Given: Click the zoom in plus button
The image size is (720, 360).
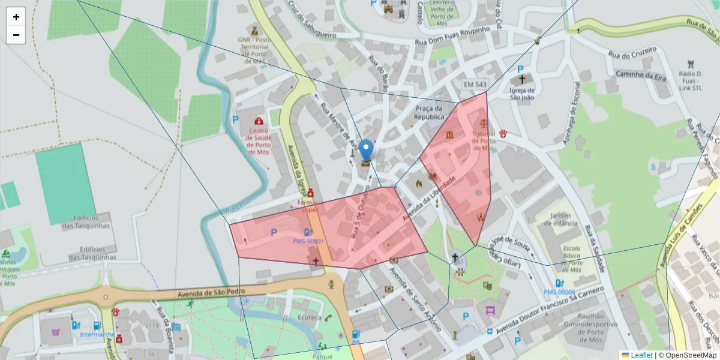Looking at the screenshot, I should click(16, 17).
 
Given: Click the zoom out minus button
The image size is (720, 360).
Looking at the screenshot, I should click(16, 35).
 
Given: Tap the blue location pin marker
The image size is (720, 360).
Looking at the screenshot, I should click(365, 150).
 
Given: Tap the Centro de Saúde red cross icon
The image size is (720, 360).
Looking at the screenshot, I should click(259, 121).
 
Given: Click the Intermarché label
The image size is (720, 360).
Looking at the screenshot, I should click(97, 334).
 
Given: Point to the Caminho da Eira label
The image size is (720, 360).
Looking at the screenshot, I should click(640, 74).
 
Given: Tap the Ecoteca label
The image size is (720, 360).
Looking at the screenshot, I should click(310, 317).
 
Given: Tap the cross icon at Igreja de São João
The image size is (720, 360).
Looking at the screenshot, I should click(522, 79).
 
